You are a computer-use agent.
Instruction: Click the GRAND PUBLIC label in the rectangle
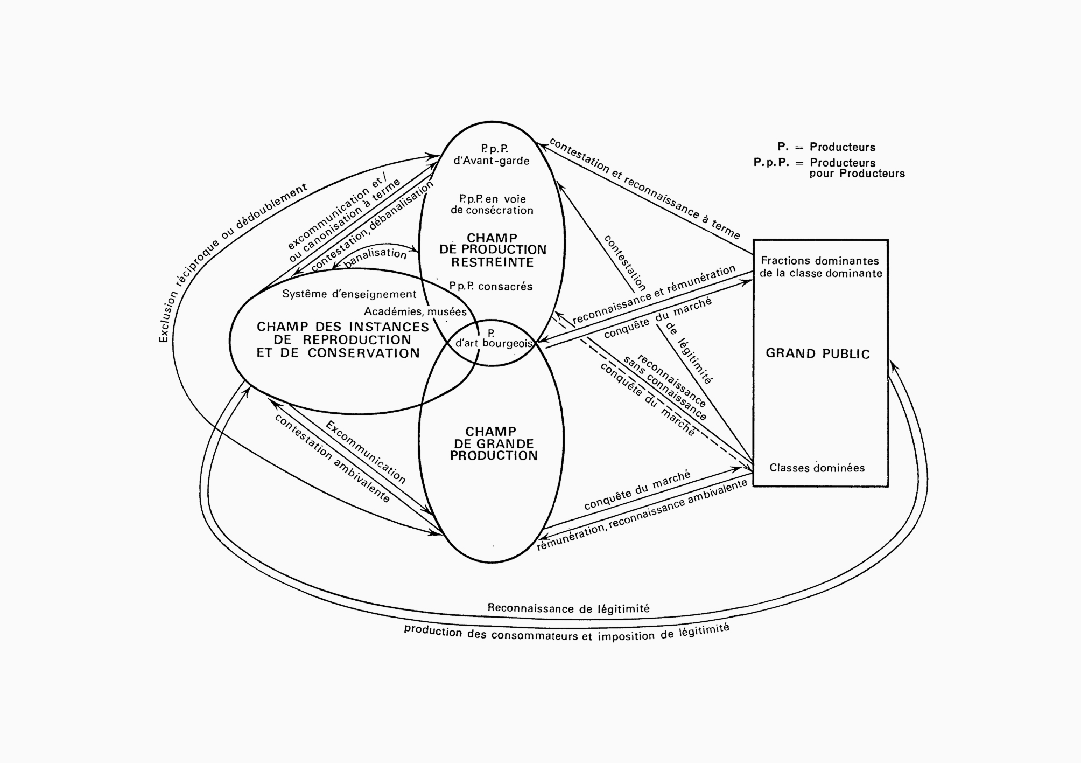pyautogui.click(x=817, y=354)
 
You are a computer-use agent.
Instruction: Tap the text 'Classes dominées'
pyautogui.click(x=817, y=468)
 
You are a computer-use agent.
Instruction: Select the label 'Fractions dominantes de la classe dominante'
pyautogui.click(x=820, y=267)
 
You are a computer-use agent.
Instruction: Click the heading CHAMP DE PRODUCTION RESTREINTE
pyautogui.click(x=492, y=250)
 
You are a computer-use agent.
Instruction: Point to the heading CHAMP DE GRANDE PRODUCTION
pyautogui.click(x=493, y=443)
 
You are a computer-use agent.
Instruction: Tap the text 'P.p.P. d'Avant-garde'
pyautogui.click(x=492, y=155)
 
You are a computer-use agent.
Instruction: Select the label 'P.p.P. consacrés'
pyautogui.click(x=491, y=286)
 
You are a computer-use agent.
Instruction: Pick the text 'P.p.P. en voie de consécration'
pyautogui.click(x=492, y=205)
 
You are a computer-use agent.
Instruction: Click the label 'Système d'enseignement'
pyautogui.click(x=349, y=294)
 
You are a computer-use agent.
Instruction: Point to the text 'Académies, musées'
pyautogui.click(x=415, y=311)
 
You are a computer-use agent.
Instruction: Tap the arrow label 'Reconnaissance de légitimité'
pyautogui.click(x=568, y=608)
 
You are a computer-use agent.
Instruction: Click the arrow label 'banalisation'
pyautogui.click(x=375, y=257)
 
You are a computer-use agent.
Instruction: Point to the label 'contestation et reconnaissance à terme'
pyautogui.click(x=644, y=188)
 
